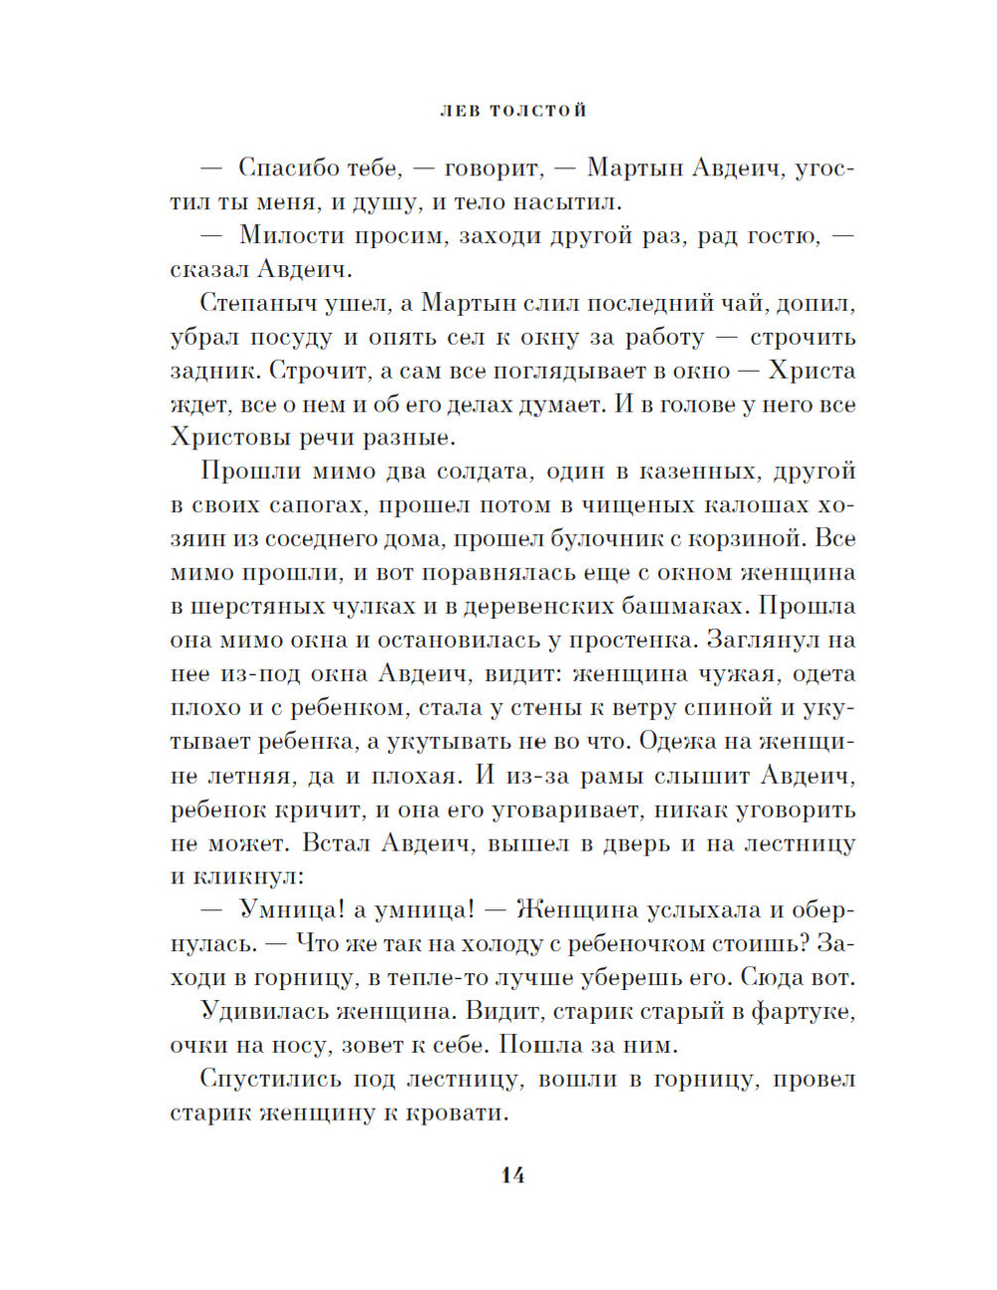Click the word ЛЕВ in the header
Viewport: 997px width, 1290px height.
460,111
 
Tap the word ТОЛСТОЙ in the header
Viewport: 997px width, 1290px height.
538,111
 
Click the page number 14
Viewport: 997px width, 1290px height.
512,1175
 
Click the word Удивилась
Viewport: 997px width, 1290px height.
262,1012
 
